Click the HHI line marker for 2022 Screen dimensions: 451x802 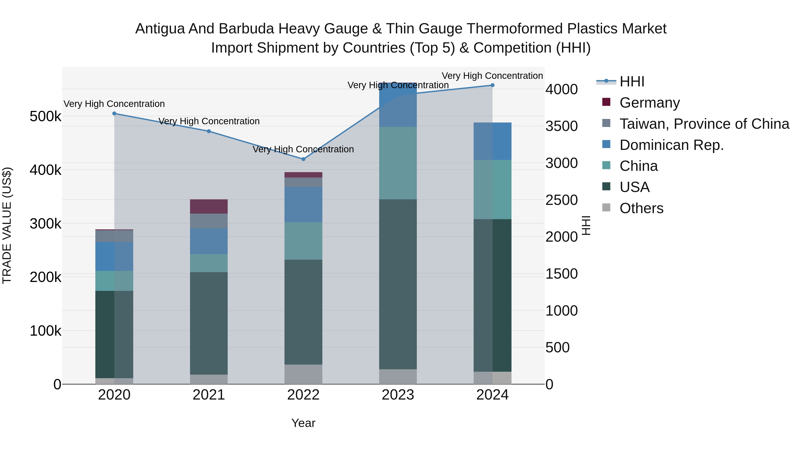click(303, 159)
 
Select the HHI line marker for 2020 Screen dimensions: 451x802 click(114, 114)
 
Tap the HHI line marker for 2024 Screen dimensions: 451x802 click(492, 85)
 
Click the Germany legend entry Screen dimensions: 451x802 click(649, 103)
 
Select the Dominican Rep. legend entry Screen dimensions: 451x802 click(671, 145)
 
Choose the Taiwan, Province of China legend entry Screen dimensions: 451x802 click(704, 124)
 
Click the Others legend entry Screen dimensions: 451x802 click(641, 208)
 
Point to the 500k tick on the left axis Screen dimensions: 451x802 click(45, 117)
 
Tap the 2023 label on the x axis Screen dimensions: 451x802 click(398, 395)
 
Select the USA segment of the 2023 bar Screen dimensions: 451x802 click(398, 284)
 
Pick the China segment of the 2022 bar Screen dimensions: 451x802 click(303, 241)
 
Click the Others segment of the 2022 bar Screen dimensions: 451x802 click(303, 374)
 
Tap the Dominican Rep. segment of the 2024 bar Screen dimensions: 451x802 click(492, 141)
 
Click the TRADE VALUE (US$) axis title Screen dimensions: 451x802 click(7, 225)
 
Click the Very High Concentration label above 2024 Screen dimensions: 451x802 click(492, 76)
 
